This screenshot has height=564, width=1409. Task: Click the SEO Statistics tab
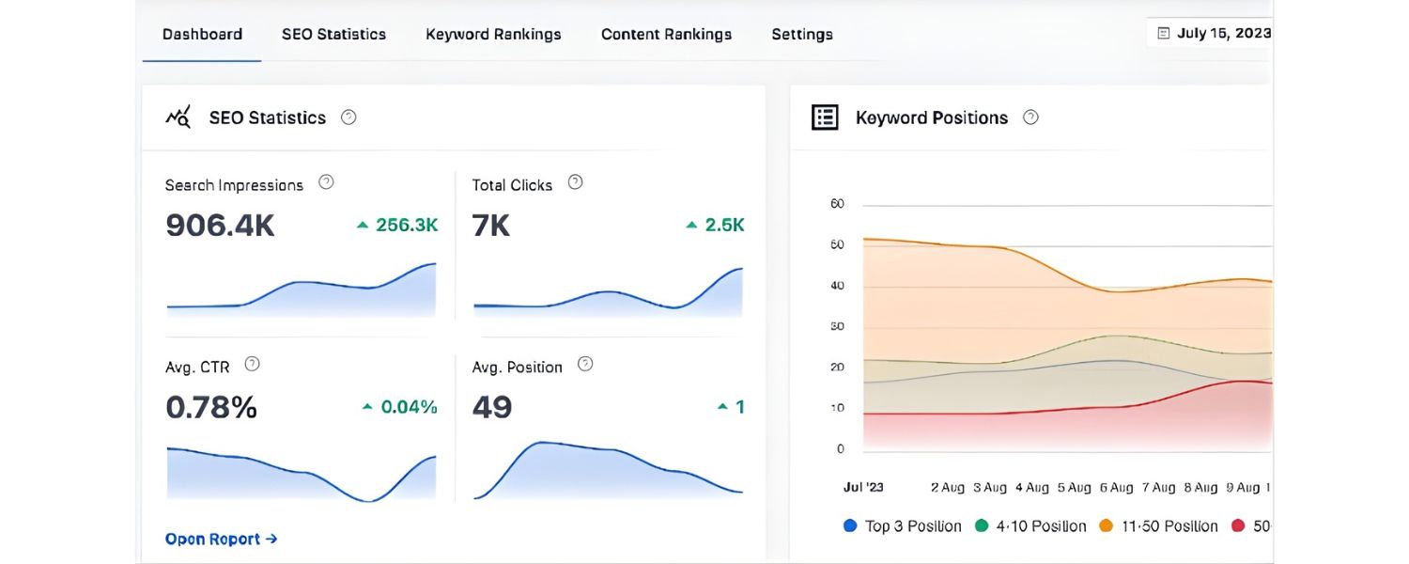pyautogui.click(x=333, y=34)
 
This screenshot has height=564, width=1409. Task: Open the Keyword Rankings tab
pyautogui.click(x=493, y=34)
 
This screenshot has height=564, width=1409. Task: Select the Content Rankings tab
pyautogui.click(x=666, y=34)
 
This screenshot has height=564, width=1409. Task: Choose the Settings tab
pyautogui.click(x=802, y=34)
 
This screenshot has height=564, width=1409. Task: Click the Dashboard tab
pyautogui.click(x=202, y=34)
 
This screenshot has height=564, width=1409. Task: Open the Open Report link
pyautogui.click(x=221, y=539)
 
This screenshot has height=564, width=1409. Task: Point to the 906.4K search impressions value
pyautogui.click(x=220, y=226)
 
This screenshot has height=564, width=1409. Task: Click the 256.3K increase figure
pyautogui.click(x=397, y=225)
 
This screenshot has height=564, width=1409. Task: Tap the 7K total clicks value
pyautogui.click(x=491, y=226)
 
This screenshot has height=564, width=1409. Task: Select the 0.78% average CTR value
pyautogui.click(x=211, y=407)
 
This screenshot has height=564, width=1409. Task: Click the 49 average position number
pyautogui.click(x=492, y=407)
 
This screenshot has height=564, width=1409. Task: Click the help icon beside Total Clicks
pyautogui.click(x=576, y=182)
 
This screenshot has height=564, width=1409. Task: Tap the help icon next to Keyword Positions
pyautogui.click(x=1030, y=117)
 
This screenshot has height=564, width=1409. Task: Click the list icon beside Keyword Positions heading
pyautogui.click(x=825, y=117)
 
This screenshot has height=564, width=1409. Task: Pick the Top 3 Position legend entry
pyautogui.click(x=903, y=525)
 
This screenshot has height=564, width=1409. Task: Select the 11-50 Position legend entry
pyautogui.click(x=1159, y=525)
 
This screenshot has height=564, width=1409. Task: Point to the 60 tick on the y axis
pyautogui.click(x=837, y=204)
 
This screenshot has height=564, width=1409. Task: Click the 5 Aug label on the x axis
pyautogui.click(x=1075, y=487)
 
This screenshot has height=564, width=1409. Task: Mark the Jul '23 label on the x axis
pyautogui.click(x=863, y=487)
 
